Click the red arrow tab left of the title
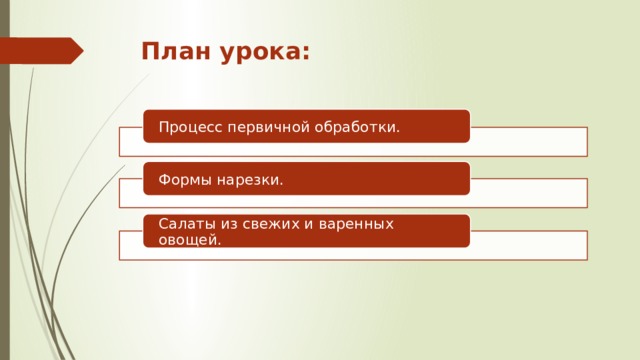coord(45,50)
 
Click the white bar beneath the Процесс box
coord(530,142)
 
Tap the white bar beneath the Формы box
coord(530,193)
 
